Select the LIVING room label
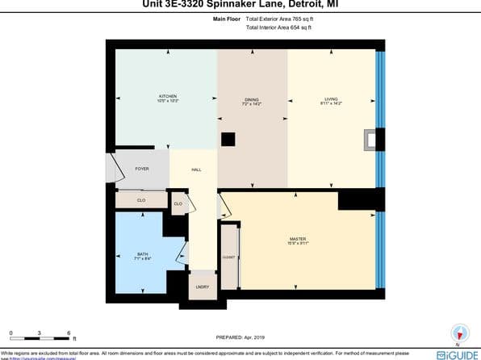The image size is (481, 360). point(332,100)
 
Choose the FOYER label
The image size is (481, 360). point(141,169)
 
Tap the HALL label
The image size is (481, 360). point(196,170)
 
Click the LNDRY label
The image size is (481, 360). point(202,287)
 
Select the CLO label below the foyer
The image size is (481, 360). point(140,199)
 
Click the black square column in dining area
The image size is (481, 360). point(228,140)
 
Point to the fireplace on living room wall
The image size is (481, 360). point(371,140)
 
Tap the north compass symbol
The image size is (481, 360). point(460,332)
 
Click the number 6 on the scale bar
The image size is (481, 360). point(69,333)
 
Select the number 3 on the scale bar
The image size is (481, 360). point(40,333)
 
